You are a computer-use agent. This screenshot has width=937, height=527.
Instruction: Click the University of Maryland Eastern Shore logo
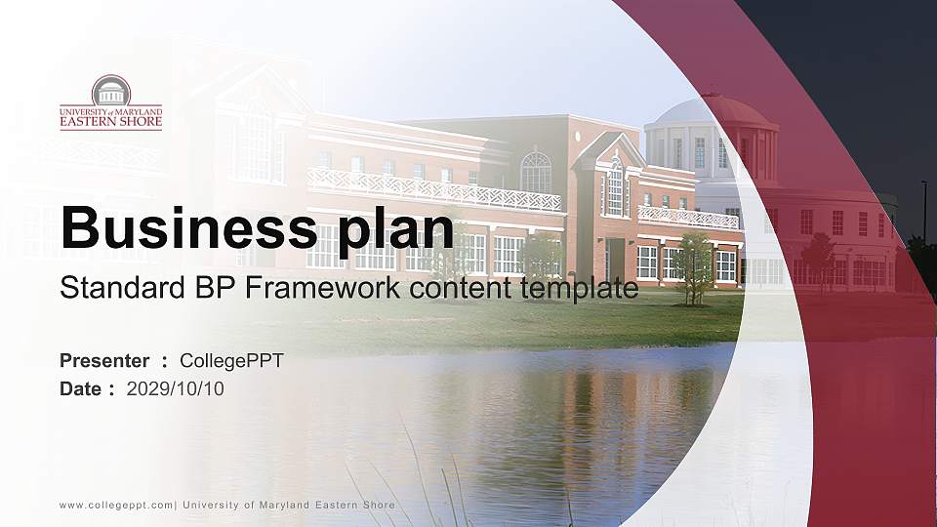110,101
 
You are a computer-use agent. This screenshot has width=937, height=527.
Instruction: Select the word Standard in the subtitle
106,289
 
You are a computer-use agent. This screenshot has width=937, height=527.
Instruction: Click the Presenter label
104,361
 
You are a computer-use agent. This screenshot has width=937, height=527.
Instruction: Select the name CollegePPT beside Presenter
231,361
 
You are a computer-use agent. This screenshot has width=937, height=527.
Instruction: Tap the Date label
81,389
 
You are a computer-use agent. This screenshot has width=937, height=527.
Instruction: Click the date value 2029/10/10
176,389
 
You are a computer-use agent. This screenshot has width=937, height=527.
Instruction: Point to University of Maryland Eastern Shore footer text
289,505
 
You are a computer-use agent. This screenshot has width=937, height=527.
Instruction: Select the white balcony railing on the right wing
687,217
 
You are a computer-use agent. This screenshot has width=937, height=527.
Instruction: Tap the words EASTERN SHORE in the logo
110,123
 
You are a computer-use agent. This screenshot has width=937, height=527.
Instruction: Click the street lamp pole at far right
923,210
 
